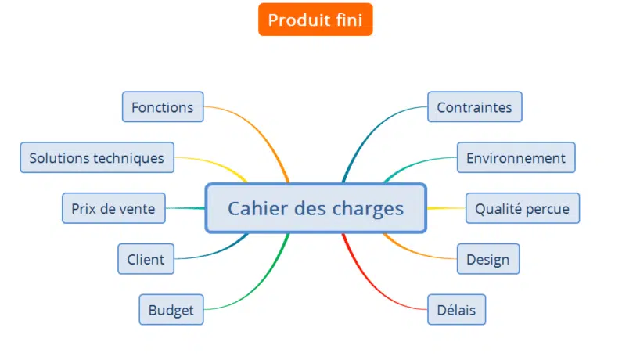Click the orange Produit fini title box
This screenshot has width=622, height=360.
(x=315, y=20)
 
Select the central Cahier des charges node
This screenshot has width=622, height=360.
(x=315, y=209)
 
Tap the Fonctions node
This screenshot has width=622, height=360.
(x=163, y=107)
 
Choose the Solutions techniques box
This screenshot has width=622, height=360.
(x=97, y=158)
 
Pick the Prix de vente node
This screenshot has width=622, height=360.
(x=113, y=209)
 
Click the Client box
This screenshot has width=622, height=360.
(x=146, y=259)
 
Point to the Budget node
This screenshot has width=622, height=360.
(x=171, y=310)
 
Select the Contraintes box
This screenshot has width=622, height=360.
(x=474, y=107)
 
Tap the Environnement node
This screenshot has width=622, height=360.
(x=516, y=158)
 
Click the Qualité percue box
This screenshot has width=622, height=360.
(x=523, y=209)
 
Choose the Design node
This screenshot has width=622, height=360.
(x=487, y=259)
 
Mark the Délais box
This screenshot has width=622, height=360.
(x=456, y=310)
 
